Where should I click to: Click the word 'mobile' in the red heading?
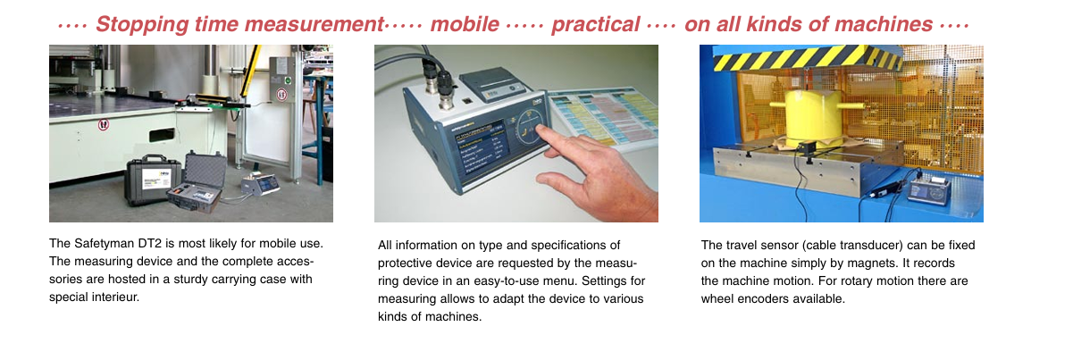(x=465, y=24)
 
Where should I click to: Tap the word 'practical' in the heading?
(x=595, y=25)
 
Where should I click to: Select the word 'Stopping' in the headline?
(x=142, y=25)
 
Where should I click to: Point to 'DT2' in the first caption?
(x=149, y=243)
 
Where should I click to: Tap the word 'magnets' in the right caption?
(x=876, y=264)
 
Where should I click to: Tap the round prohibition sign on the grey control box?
(x=281, y=95)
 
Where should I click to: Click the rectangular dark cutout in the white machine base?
(x=162, y=135)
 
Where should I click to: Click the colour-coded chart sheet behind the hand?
(x=605, y=118)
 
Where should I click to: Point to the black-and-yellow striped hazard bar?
(x=807, y=57)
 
